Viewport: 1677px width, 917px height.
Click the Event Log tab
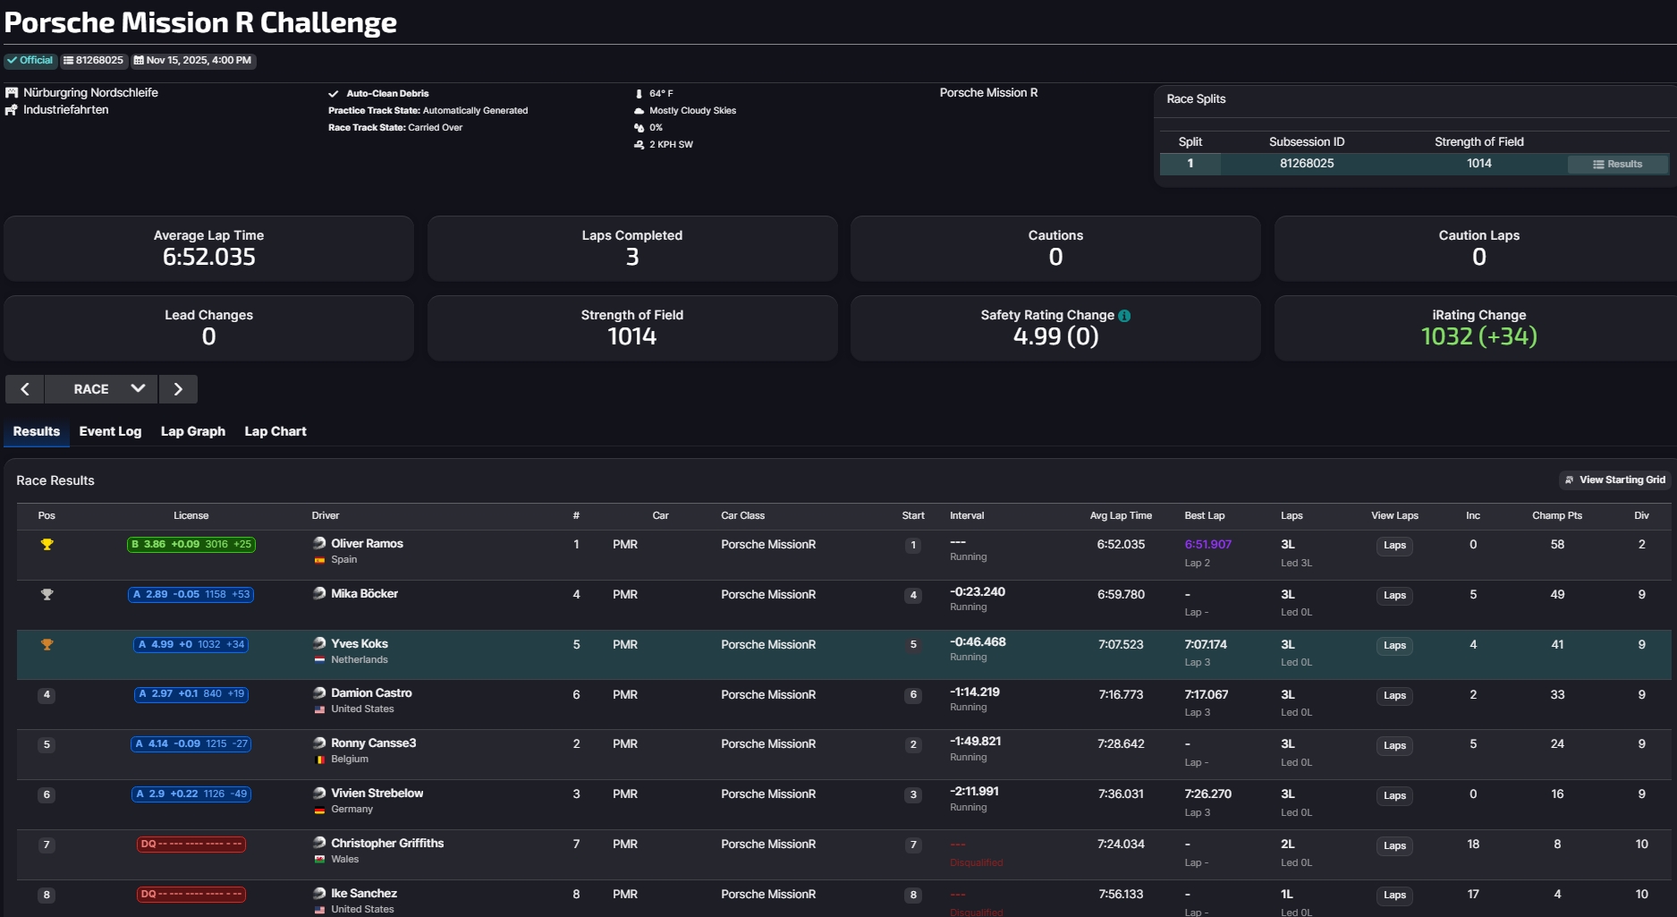point(110,431)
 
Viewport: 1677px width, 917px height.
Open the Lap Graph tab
point(192,431)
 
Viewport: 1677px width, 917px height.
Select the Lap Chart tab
point(275,431)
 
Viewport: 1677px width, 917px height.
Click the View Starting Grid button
point(1615,480)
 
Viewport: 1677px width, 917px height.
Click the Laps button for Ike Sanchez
point(1394,896)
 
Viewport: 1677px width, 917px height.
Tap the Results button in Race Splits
point(1617,164)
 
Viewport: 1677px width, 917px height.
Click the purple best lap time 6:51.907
point(1207,544)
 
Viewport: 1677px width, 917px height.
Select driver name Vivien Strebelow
point(377,794)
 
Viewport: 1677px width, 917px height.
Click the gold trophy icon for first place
point(47,544)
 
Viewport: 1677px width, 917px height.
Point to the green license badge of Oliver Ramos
point(191,544)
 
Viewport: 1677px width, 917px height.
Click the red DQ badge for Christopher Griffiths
point(191,845)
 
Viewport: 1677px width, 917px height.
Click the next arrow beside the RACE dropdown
point(178,389)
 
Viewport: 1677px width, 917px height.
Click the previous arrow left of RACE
point(25,389)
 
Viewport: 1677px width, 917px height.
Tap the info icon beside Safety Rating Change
point(1124,316)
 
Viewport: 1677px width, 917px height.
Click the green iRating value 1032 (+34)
point(1478,336)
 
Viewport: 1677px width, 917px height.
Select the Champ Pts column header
point(1556,515)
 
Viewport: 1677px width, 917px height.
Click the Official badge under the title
point(30,61)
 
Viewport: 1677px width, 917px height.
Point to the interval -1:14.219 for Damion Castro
point(975,692)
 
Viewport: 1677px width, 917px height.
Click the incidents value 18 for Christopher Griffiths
point(1473,845)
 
